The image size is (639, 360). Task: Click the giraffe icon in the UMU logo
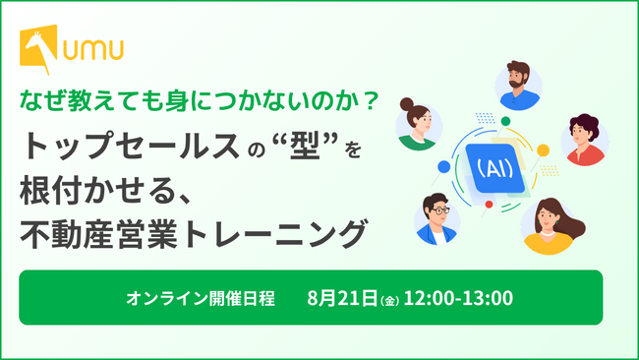tap(38, 48)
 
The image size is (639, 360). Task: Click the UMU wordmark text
tap(93, 50)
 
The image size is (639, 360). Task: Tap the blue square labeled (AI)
tap(494, 168)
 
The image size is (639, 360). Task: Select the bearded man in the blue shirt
tap(518, 86)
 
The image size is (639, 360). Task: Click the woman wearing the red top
tap(584, 140)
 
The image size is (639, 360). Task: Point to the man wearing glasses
tap(436, 219)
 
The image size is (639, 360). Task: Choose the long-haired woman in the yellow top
tap(552, 226)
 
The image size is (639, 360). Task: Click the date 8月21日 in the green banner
tap(342, 298)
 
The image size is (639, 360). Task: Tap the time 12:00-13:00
tap(458, 298)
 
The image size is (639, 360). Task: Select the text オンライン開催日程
tap(201, 298)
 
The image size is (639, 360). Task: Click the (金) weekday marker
tap(389, 301)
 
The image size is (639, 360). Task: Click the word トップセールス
tap(130, 147)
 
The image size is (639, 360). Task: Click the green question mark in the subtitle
tap(370, 101)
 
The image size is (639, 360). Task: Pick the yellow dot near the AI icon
tap(543, 150)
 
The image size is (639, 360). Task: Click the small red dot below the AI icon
tap(489, 205)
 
